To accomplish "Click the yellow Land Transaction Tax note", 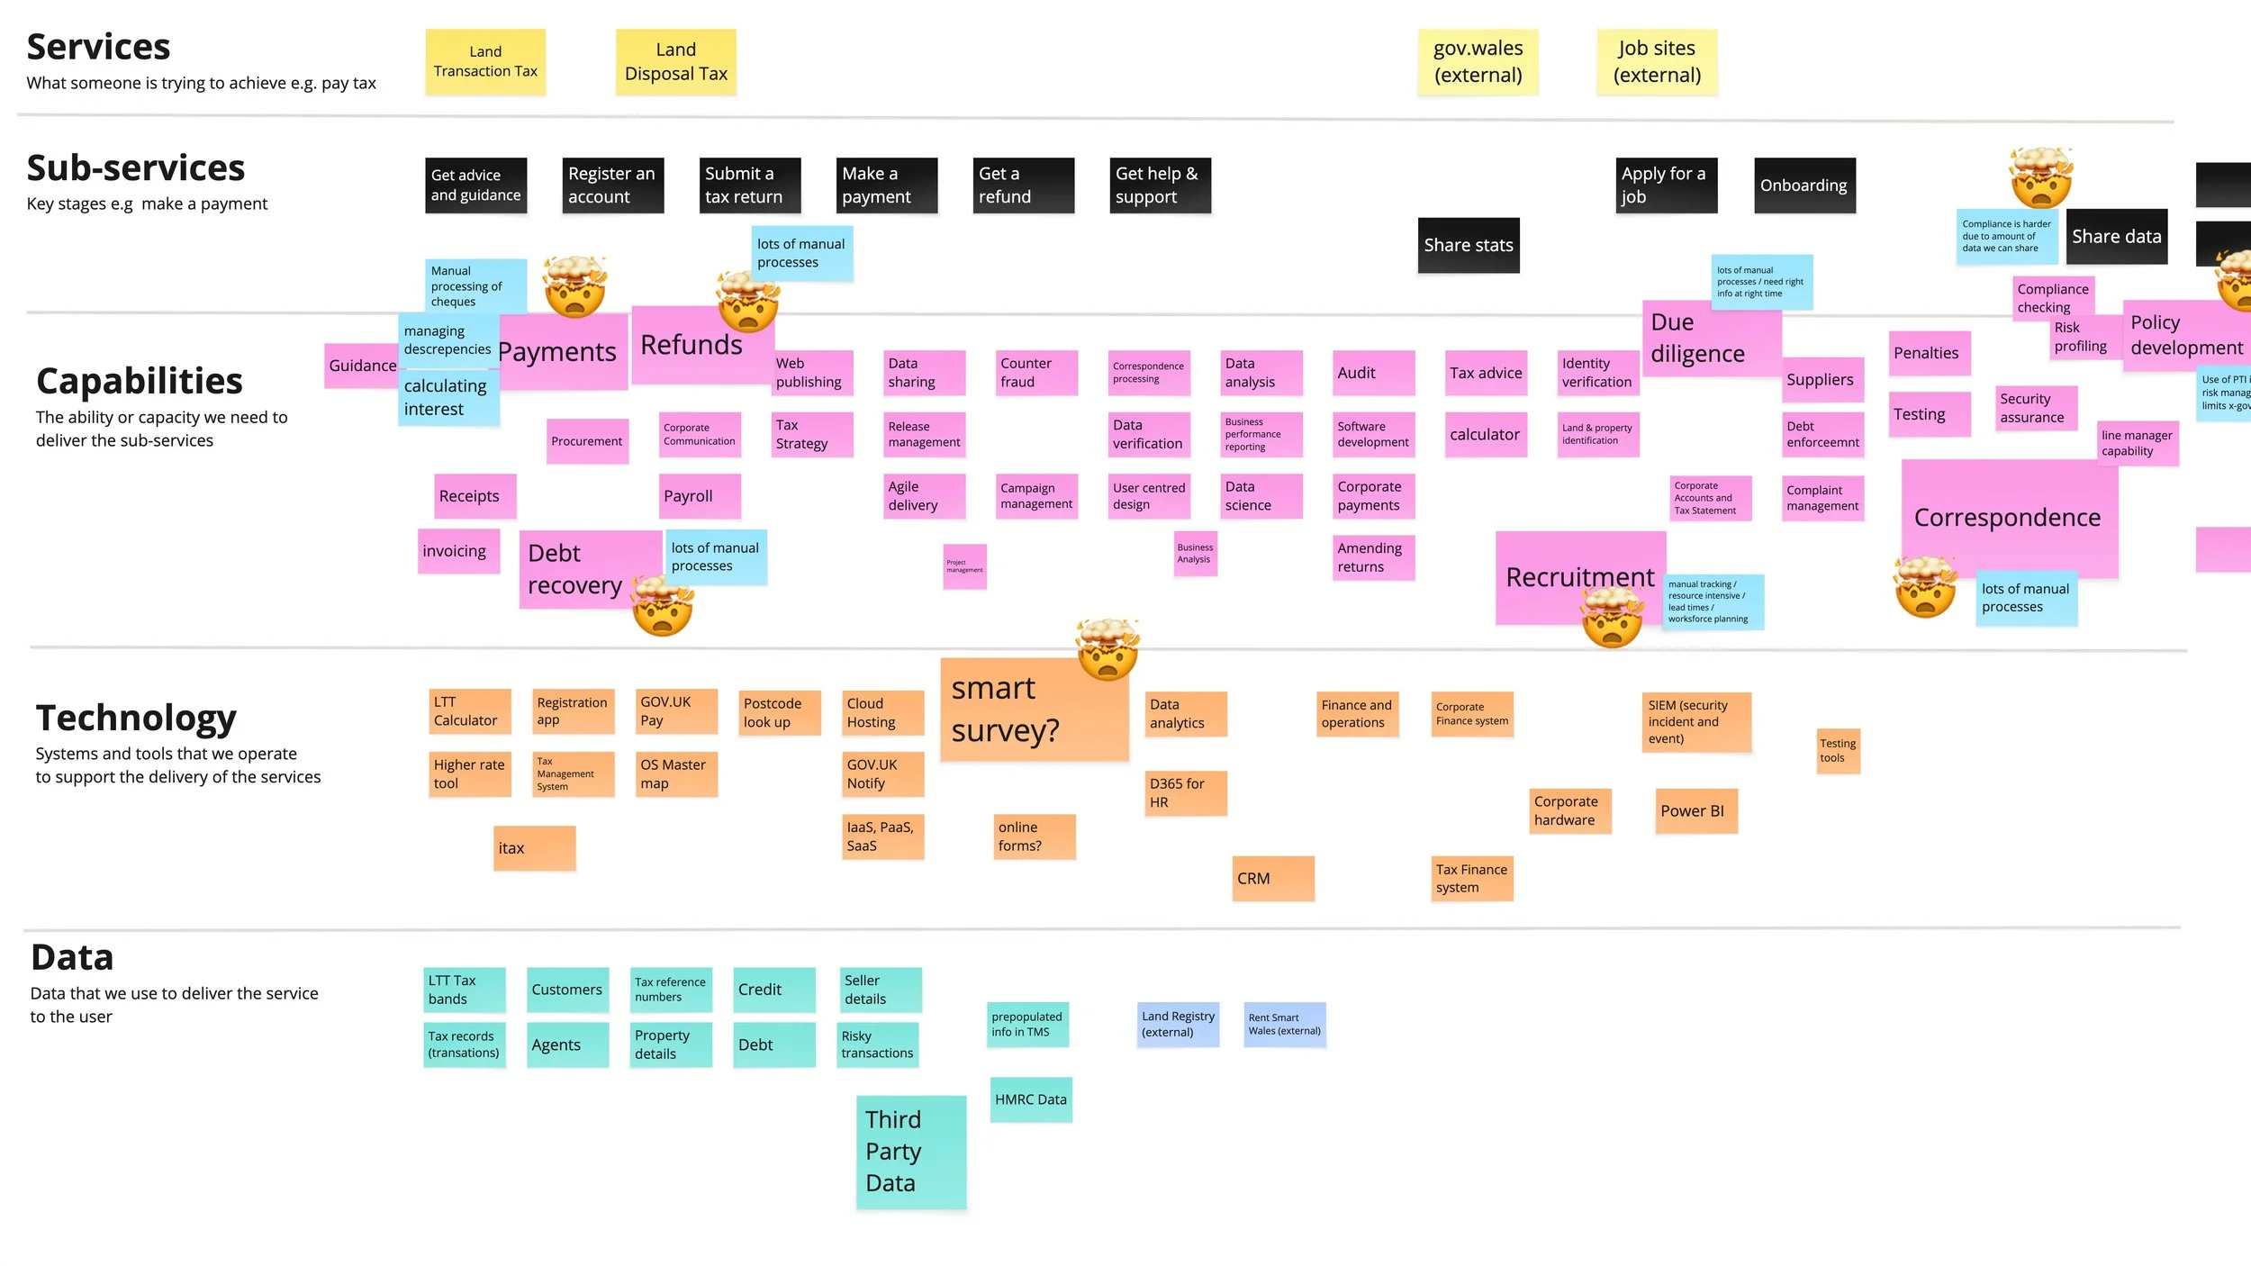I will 485,61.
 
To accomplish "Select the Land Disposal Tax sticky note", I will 675,61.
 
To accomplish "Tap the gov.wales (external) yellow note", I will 1478,61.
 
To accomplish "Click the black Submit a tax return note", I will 750,185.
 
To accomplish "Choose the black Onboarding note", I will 1804,185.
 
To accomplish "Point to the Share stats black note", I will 1469,245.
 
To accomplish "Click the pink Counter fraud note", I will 1036,373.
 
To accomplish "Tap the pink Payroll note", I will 700,496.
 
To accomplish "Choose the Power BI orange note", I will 1695,810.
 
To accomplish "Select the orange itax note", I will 534,848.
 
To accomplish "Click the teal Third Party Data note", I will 910,1152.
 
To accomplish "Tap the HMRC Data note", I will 1031,1099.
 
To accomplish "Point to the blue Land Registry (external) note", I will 1178,1024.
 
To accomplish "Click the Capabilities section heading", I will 140,381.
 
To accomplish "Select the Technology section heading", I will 136,718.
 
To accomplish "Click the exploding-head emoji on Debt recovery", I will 663,607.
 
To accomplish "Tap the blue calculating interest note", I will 447,397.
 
